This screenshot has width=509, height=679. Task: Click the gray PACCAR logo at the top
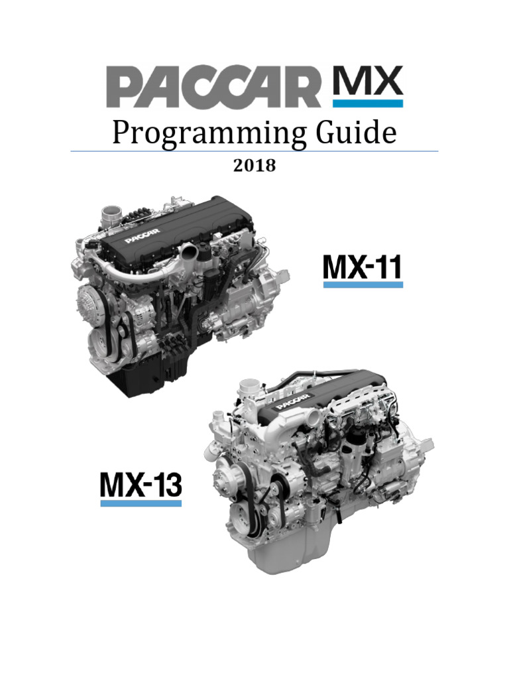point(213,87)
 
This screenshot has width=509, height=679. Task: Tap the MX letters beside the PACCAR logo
point(367,80)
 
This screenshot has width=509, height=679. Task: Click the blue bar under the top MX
point(367,103)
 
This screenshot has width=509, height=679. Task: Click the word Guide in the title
point(356,132)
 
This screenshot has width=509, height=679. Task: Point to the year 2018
point(254,165)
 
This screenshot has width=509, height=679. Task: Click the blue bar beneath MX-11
point(363,284)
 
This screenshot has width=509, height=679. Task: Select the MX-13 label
point(141,485)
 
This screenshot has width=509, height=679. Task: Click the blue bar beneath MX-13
point(141,503)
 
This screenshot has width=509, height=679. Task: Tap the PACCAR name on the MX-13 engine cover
point(294,401)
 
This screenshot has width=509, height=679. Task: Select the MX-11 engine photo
point(180,296)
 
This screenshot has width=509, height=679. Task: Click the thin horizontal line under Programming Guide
point(254,151)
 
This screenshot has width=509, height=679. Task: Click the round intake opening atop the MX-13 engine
point(250,385)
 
